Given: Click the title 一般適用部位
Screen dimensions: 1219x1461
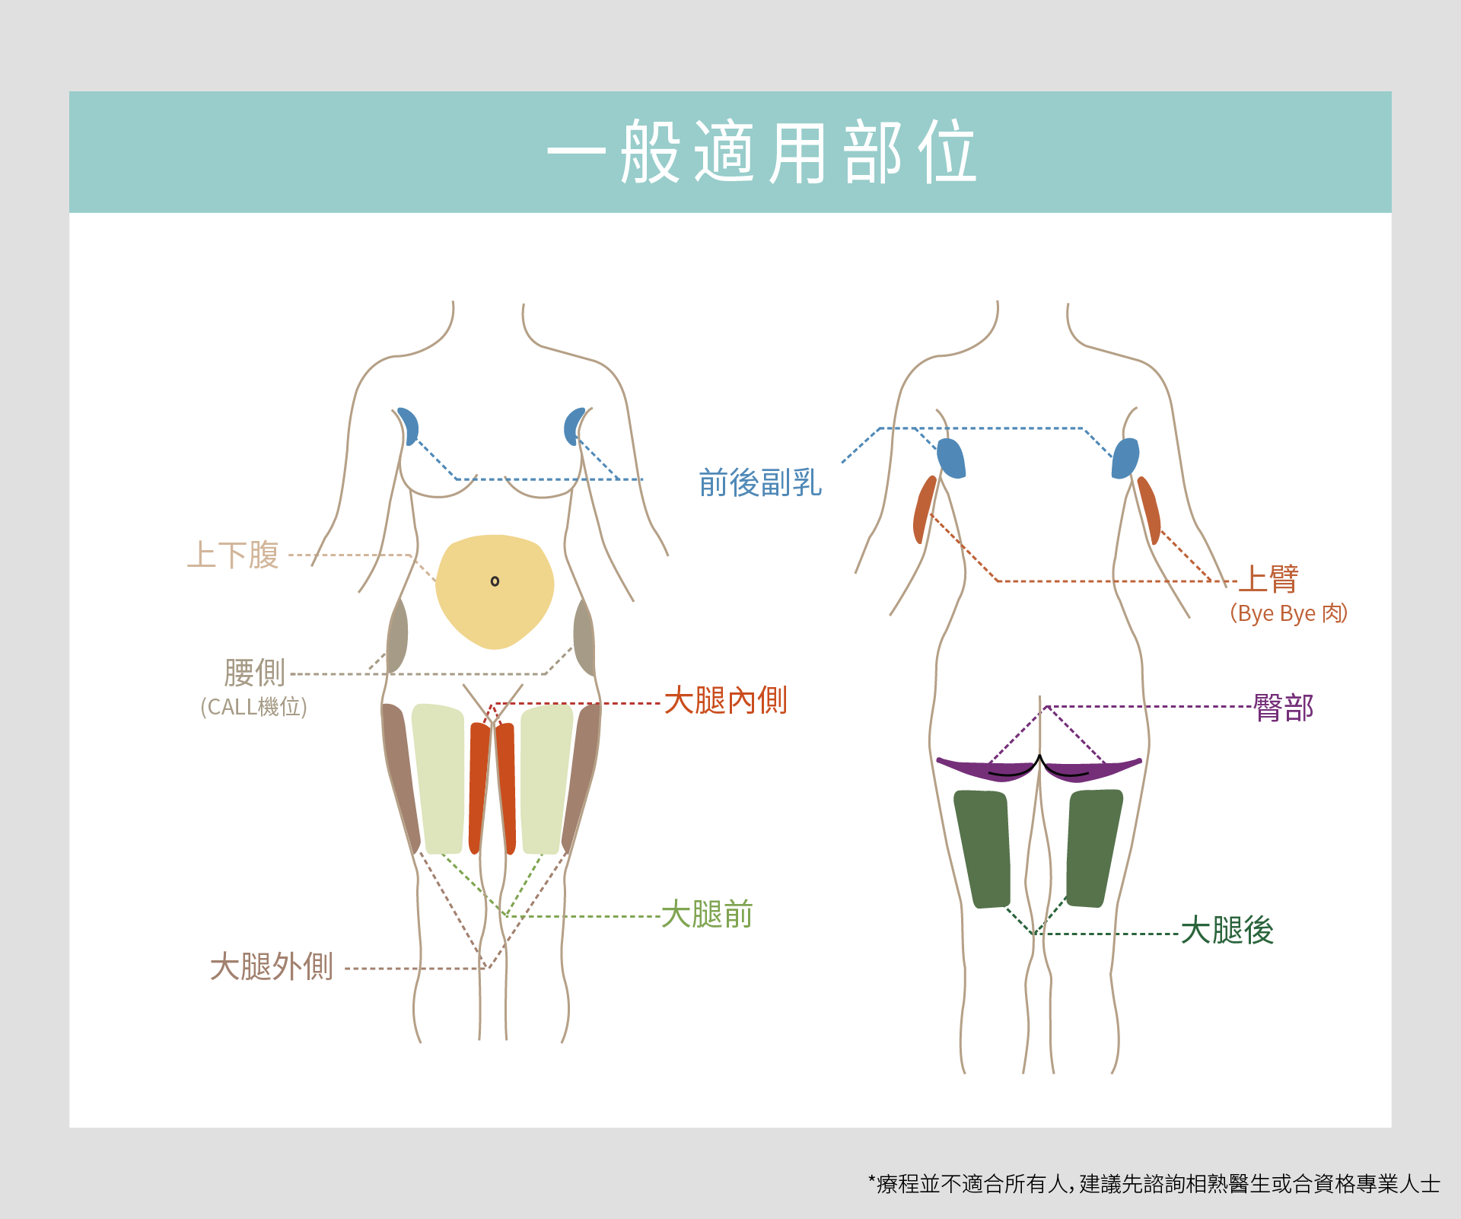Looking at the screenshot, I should tap(762, 152).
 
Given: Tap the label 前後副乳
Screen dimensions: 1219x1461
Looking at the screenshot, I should tap(760, 482).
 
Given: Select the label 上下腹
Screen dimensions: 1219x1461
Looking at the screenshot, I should tap(234, 555).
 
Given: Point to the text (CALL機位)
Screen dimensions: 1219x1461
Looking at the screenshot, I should tap(253, 707).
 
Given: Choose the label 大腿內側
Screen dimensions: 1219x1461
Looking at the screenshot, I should tap(725, 700).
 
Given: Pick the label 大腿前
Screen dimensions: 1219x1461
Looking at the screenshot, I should tap(707, 914).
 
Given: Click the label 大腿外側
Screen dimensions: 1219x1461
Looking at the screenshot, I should tap(272, 966).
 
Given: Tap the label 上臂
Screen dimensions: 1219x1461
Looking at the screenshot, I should tap(1268, 579).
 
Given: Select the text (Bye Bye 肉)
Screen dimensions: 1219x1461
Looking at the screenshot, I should tap(1288, 613).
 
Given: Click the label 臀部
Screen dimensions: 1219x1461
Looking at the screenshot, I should tap(1284, 708).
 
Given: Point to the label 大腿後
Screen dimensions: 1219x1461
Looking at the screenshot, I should tap(1227, 930).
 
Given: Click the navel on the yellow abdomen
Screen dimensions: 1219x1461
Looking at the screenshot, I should tap(495, 581).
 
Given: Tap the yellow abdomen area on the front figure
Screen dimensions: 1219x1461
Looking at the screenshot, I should tap(495, 609).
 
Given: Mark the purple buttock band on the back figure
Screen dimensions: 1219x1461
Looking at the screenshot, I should tap(974, 769).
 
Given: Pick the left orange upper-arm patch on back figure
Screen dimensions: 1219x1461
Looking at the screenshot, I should tap(924, 510).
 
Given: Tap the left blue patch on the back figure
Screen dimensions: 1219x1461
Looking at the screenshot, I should tap(951, 458).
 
